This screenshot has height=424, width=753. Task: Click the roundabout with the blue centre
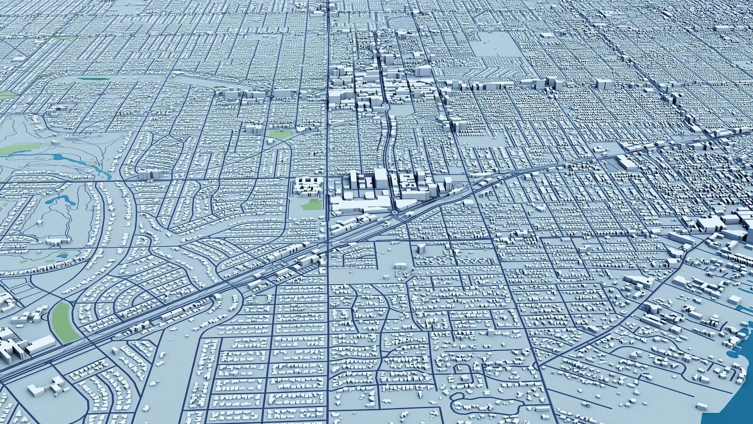(394, 212)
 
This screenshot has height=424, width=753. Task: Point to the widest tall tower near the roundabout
(380, 179)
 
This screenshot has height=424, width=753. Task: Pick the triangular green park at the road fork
(281, 133)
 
